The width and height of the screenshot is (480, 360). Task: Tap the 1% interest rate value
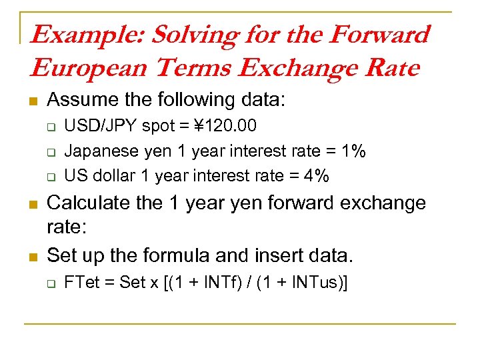click(x=353, y=151)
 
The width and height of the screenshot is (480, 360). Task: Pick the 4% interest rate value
click(x=315, y=176)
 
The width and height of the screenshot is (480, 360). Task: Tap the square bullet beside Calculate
click(x=31, y=203)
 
